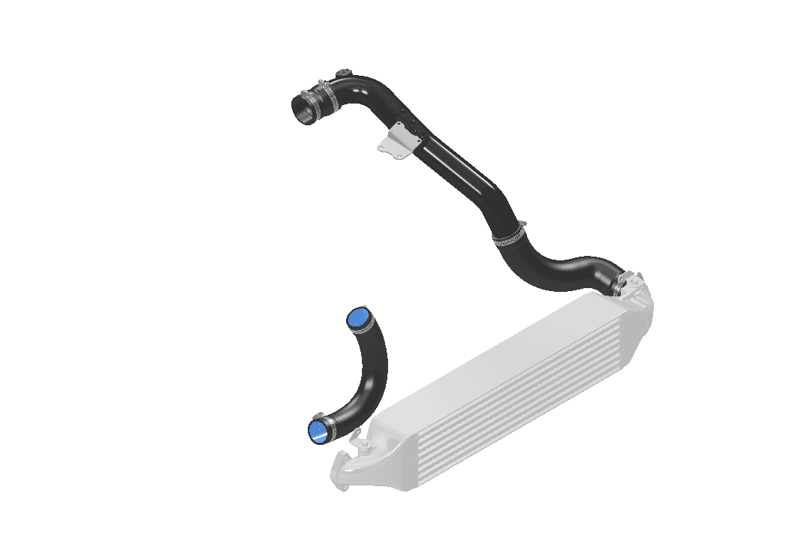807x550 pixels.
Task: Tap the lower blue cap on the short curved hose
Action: pyautogui.click(x=321, y=430)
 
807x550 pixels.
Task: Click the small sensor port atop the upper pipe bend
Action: pyautogui.click(x=345, y=73)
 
